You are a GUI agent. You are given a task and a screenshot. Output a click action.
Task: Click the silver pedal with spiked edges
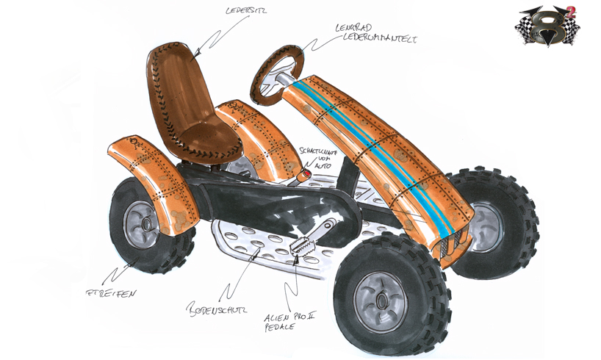[302, 247]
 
